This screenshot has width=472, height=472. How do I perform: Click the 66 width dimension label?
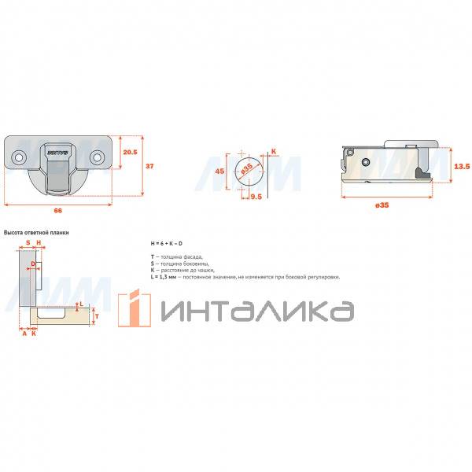58,211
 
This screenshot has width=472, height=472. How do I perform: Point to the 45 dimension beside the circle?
220,171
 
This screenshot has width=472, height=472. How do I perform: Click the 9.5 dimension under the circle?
256,197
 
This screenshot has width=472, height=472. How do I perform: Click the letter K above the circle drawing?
274,150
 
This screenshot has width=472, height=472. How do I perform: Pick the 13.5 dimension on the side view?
463,167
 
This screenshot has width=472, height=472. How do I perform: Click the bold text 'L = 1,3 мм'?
164,276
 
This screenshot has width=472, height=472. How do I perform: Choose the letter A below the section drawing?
24,334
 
